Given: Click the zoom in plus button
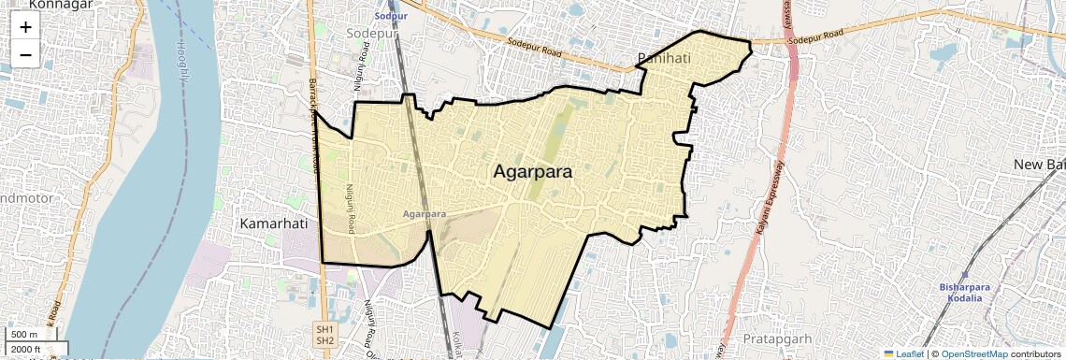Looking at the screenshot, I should (x=25, y=27).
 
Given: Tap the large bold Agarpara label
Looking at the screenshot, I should (x=532, y=172).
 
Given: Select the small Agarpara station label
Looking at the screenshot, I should (x=424, y=214).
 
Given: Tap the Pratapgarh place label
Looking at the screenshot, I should (x=778, y=337).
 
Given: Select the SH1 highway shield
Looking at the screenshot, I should (x=324, y=330).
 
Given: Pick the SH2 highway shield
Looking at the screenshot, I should (x=324, y=341).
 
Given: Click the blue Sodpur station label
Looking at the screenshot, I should (x=390, y=17).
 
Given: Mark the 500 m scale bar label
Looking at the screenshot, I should (x=24, y=335).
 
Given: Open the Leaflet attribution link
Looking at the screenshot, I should (x=903, y=353).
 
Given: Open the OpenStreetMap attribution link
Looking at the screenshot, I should (x=974, y=353).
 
